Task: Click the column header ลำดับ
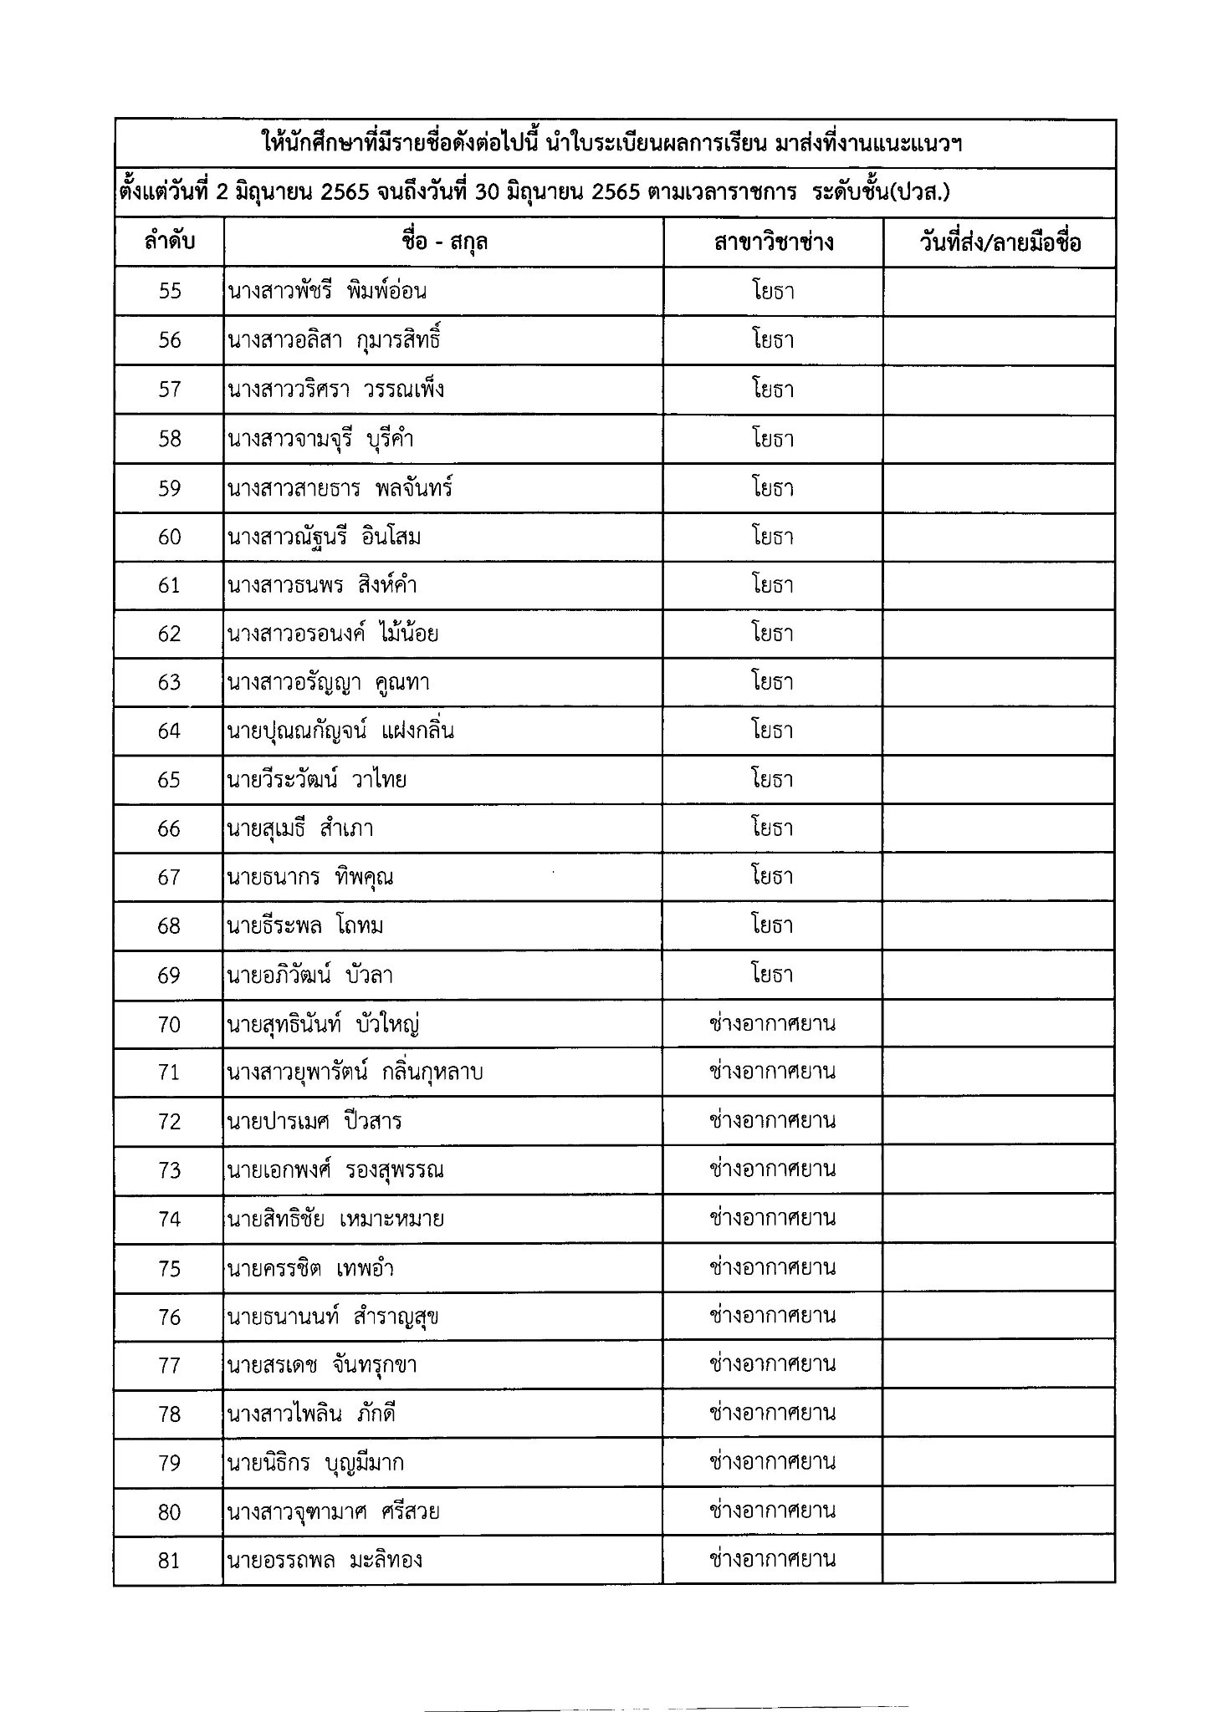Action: click(169, 242)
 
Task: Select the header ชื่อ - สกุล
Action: click(443, 242)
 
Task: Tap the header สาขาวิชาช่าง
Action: click(773, 242)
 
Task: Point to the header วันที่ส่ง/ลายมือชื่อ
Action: click(999, 242)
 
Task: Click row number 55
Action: click(169, 291)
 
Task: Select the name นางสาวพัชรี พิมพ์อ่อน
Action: click(327, 291)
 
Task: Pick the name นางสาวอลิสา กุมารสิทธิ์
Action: click(334, 340)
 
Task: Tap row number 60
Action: click(169, 536)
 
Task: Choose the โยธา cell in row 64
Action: click(772, 731)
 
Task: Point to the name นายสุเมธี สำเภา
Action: click(299, 828)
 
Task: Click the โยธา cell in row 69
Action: click(772, 975)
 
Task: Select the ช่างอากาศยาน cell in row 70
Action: click(772, 1023)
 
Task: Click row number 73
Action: click(169, 1169)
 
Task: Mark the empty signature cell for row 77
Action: click(999, 1365)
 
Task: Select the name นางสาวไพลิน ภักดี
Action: click(311, 1414)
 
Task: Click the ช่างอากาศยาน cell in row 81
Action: click(772, 1560)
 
